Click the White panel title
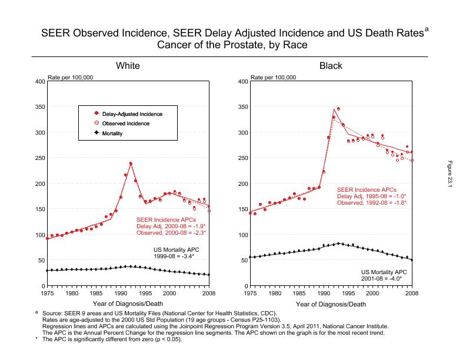[x=127, y=66]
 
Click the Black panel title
[x=331, y=66]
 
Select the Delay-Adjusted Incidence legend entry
[x=132, y=114]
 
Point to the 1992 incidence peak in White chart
[x=131, y=164]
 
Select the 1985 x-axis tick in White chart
[x=96, y=293]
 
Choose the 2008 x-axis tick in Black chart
[x=411, y=293]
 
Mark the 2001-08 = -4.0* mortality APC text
[x=381, y=279]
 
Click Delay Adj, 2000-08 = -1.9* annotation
[x=167, y=226]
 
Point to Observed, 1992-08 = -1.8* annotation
[x=371, y=202]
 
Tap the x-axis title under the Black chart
[x=331, y=304]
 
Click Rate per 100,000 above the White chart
[x=69, y=77]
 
